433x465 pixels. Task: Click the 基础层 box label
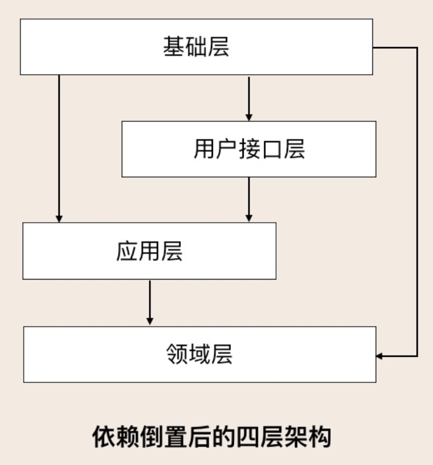196,47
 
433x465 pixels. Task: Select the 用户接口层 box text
249,149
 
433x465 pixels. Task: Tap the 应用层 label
149,251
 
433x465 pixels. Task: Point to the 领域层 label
200,355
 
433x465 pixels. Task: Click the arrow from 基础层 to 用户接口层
249,97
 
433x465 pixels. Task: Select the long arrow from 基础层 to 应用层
59,146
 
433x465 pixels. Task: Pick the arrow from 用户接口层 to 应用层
249,199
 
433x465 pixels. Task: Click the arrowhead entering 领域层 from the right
380,356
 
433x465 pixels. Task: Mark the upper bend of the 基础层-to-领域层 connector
417,48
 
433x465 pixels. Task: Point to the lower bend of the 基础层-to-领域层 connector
417,356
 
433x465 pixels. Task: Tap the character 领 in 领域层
178,355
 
